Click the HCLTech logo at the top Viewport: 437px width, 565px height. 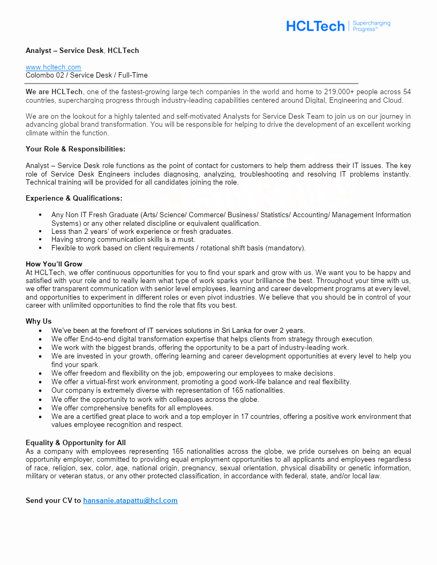315,26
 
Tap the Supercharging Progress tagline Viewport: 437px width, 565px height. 372,26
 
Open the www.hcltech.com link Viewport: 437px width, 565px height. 54,67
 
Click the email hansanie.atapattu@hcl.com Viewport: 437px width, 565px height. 130,500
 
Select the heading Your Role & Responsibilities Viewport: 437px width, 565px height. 76,149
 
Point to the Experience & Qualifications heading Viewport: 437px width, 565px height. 74,198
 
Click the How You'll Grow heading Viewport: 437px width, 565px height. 54,264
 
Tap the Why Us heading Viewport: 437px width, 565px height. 39,321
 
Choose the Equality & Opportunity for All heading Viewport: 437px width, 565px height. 76,442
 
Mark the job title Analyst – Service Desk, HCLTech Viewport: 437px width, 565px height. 82,50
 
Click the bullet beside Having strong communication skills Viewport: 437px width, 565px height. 41,240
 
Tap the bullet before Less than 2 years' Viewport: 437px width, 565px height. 41,231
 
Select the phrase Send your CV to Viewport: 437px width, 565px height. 54,500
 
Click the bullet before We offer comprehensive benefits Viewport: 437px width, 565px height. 41,408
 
